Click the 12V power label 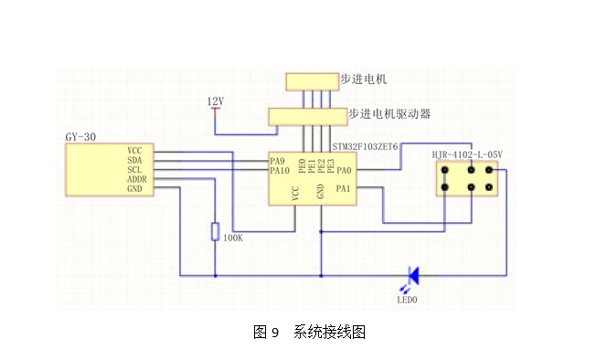[215, 101]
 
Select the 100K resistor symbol [215, 231]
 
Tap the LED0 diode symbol [413, 276]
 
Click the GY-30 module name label [80, 137]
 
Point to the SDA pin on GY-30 [134, 160]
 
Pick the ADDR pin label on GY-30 [136, 179]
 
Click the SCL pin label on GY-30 [134, 170]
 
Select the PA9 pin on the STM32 [277, 161]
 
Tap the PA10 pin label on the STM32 [280, 170]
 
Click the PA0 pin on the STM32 [344, 170]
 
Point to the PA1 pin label [343, 188]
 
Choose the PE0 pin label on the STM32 [303, 165]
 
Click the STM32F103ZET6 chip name [365, 147]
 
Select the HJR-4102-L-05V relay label [467, 154]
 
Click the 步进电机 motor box [313, 82]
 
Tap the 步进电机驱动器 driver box [308, 117]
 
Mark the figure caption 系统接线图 [329, 332]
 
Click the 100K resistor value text [233, 238]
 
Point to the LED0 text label [407, 300]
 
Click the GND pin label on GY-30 [134, 189]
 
